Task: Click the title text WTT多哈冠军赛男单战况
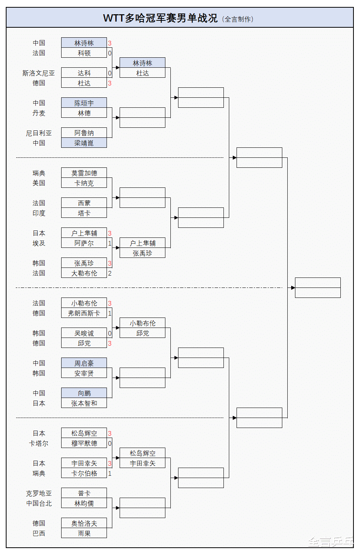(160, 18)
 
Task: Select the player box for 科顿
(84, 53)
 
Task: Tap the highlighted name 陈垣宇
(84, 103)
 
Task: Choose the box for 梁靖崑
(84, 143)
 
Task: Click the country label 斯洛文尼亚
(38, 73)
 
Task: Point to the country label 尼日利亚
(38, 133)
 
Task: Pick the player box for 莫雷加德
(84, 173)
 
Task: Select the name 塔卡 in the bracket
(84, 213)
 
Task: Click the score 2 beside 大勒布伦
(110, 273)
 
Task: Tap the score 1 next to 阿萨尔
(110, 243)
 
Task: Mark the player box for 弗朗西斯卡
(84, 313)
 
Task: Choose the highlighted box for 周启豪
(84, 363)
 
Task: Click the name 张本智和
(84, 403)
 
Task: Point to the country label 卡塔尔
(38, 443)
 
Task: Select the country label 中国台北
(38, 503)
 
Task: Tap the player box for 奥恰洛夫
(84, 523)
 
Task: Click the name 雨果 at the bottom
(84, 533)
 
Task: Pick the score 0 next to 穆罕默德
(110, 443)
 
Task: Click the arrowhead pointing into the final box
(293, 288)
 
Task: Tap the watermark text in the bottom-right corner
(330, 542)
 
